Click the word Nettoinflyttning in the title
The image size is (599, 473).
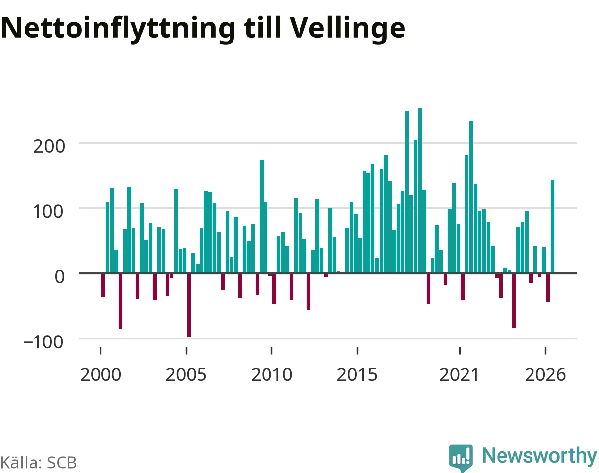[x=118, y=29]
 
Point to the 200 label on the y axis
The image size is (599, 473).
[x=49, y=146]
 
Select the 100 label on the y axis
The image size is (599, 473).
[x=48, y=211]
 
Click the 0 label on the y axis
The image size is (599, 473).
[x=59, y=277]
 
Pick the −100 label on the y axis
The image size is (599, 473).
[x=44, y=342]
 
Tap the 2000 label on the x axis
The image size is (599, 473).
[x=101, y=374]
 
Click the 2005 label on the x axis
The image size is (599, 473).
[x=186, y=374]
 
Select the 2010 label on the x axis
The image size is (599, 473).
[x=271, y=374]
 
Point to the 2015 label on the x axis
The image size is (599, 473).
[x=357, y=374]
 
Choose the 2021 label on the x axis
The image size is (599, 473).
[x=459, y=374]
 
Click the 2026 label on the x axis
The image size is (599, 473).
[x=545, y=374]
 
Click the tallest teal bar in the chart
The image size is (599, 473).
[x=420, y=191]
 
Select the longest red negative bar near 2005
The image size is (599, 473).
[x=189, y=305]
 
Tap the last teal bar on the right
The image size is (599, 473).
[x=553, y=226]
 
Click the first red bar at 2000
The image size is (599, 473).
[x=103, y=285]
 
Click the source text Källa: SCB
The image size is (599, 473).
[x=39, y=463]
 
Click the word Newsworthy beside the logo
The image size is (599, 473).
[x=539, y=455]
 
